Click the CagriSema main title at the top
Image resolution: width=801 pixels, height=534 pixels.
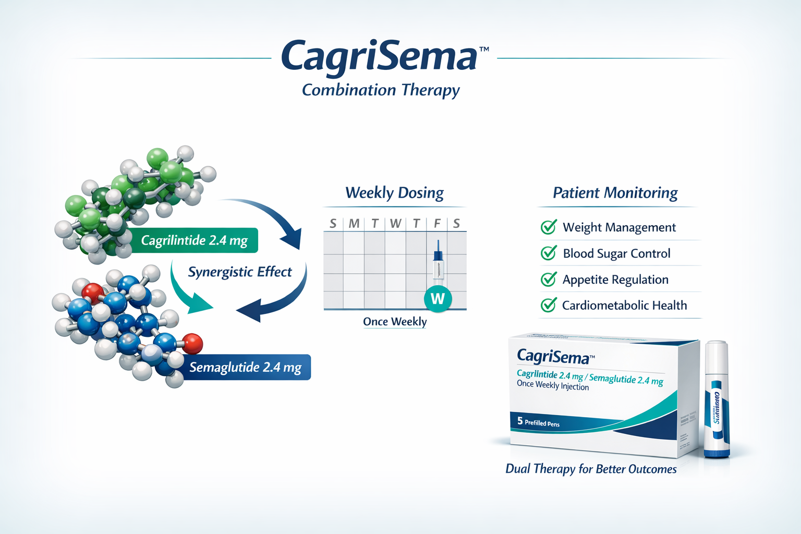[x=379, y=56]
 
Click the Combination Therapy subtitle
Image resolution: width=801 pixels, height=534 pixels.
[x=381, y=90]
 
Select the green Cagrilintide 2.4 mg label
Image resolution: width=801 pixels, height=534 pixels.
[x=194, y=240]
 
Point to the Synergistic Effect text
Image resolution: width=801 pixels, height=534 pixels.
[x=240, y=272]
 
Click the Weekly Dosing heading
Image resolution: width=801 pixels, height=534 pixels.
[x=394, y=193]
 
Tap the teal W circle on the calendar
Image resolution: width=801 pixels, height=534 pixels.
[x=438, y=299]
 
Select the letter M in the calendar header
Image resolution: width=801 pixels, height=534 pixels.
[x=354, y=224]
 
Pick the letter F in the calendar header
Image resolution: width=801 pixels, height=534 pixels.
[x=437, y=224]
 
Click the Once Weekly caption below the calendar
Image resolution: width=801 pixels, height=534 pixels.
[x=395, y=322]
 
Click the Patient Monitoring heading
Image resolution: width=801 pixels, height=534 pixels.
[x=615, y=193]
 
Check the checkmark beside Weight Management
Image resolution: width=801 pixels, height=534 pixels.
[x=549, y=227]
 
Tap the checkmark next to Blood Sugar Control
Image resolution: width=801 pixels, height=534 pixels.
[x=549, y=253]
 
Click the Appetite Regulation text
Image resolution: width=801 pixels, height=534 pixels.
[x=615, y=280]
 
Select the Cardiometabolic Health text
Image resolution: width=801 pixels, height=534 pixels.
[x=624, y=306]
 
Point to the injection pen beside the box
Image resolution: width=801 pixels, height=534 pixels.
[x=717, y=399]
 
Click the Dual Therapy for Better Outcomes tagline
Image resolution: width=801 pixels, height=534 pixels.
[x=591, y=469]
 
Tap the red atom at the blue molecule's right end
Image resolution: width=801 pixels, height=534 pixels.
[x=192, y=344]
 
